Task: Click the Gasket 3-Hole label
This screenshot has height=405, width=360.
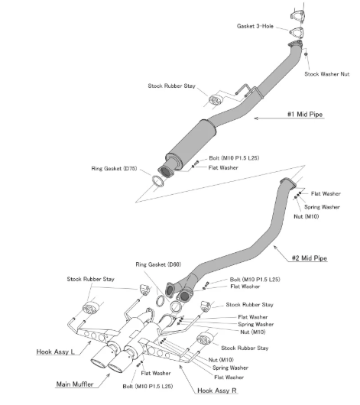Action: pyautogui.click(x=255, y=26)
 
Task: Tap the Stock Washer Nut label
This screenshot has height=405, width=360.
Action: pyautogui.click(x=327, y=74)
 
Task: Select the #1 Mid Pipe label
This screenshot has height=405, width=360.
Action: pyautogui.click(x=305, y=114)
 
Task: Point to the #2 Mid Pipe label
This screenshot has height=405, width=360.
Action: pyautogui.click(x=310, y=258)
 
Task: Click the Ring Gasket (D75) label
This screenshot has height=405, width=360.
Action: pyautogui.click(x=114, y=169)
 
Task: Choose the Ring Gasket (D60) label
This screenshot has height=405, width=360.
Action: pyautogui.click(x=158, y=264)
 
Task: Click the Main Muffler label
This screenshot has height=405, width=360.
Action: pyautogui.click(x=75, y=384)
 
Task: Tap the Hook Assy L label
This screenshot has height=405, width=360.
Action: pyautogui.click(x=55, y=352)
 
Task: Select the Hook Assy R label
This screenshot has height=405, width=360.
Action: pyautogui.click(x=217, y=390)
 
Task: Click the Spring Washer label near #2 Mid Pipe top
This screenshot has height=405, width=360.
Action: pyautogui.click(x=322, y=207)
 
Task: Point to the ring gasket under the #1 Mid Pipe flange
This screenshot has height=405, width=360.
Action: pyautogui.click(x=157, y=181)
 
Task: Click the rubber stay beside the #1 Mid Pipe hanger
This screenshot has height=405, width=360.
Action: pyautogui.click(x=216, y=100)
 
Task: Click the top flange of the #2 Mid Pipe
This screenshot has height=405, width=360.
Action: pyautogui.click(x=288, y=182)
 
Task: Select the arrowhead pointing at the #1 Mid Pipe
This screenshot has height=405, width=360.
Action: pyautogui.click(x=256, y=118)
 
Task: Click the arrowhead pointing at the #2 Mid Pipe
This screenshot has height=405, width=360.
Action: pyautogui.click(x=275, y=248)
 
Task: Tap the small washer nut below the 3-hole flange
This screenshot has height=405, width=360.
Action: pyautogui.click(x=306, y=54)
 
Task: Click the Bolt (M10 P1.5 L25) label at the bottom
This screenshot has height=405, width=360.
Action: pyautogui.click(x=148, y=387)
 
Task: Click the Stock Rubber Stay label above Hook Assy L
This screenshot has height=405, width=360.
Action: pyautogui.click(x=90, y=279)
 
